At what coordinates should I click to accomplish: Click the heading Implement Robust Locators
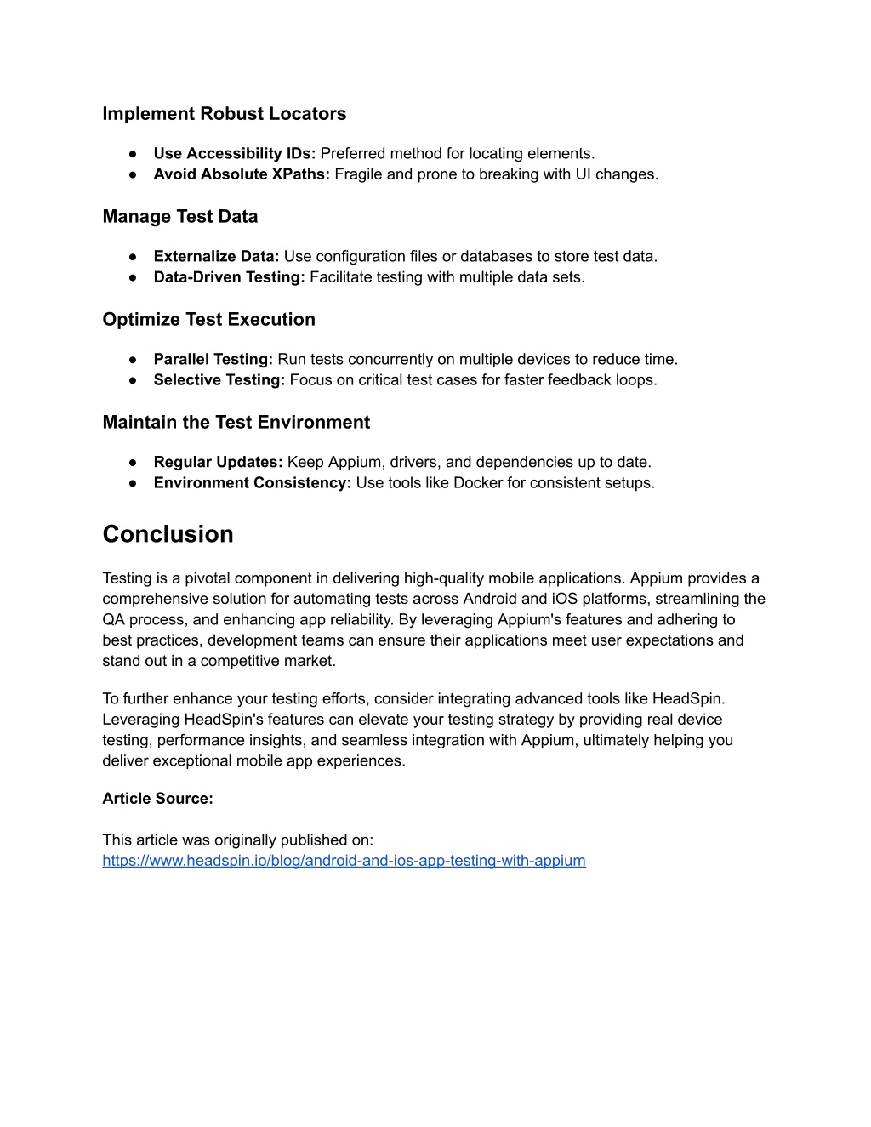[x=224, y=114]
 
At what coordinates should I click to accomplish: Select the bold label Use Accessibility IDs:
[x=234, y=154]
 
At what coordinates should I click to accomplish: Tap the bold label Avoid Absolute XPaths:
[x=241, y=174]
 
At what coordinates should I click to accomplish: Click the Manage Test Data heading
[x=179, y=217]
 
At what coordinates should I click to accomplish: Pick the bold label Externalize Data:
[x=216, y=257]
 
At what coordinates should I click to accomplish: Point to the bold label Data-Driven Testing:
[x=229, y=277]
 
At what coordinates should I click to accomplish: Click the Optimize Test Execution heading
[x=208, y=320]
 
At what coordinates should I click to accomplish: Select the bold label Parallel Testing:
[x=213, y=360]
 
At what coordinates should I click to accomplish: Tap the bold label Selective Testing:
[x=219, y=380]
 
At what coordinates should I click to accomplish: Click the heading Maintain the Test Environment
[x=236, y=423]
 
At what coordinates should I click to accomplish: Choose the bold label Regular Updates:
[x=218, y=463]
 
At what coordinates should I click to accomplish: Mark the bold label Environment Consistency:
[x=252, y=483]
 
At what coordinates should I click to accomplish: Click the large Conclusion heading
[x=168, y=534]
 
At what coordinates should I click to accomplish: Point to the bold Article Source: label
[x=157, y=799]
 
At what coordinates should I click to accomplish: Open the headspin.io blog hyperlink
[x=344, y=861]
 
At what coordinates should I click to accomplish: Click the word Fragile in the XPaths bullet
[x=358, y=174]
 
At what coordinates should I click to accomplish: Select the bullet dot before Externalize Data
[x=134, y=257]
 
